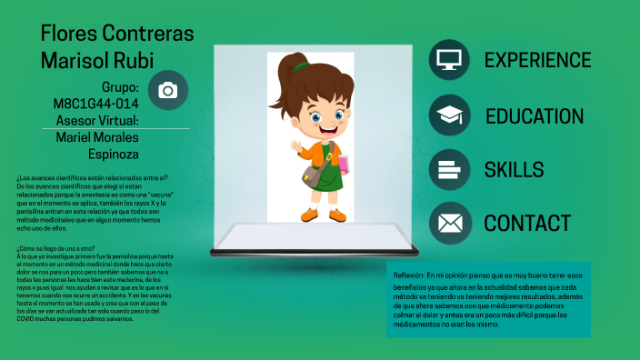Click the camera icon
(167, 90)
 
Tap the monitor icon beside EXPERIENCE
(448, 60)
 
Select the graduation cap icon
(448, 115)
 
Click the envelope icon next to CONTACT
(448, 223)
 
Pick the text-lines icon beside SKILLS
(448, 169)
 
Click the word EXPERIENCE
(537, 60)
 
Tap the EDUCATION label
(535, 116)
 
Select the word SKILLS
(514, 169)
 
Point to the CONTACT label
(527, 223)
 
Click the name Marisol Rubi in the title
(97, 60)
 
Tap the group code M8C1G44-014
(95, 104)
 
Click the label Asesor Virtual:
(97, 120)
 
